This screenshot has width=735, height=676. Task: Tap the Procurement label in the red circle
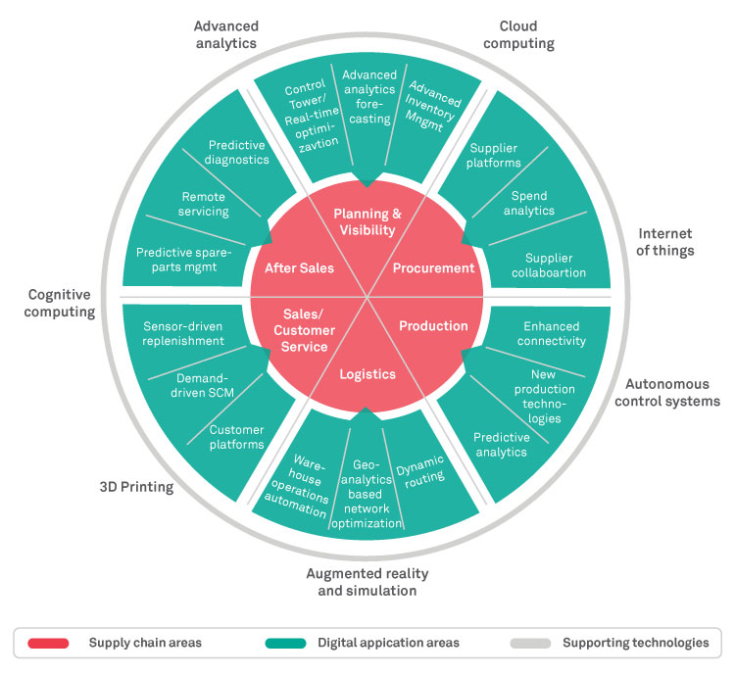433,267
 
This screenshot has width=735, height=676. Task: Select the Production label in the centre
434,325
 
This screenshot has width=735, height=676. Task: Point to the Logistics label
367,373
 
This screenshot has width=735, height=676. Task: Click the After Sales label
299,267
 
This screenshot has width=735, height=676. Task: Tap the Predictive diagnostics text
237,153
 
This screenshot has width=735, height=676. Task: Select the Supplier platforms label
494,155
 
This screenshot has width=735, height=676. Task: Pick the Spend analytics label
533,203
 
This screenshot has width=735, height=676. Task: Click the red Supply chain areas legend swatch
48,643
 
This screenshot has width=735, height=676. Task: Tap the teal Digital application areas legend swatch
285,643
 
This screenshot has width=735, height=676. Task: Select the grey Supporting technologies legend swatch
529,643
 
